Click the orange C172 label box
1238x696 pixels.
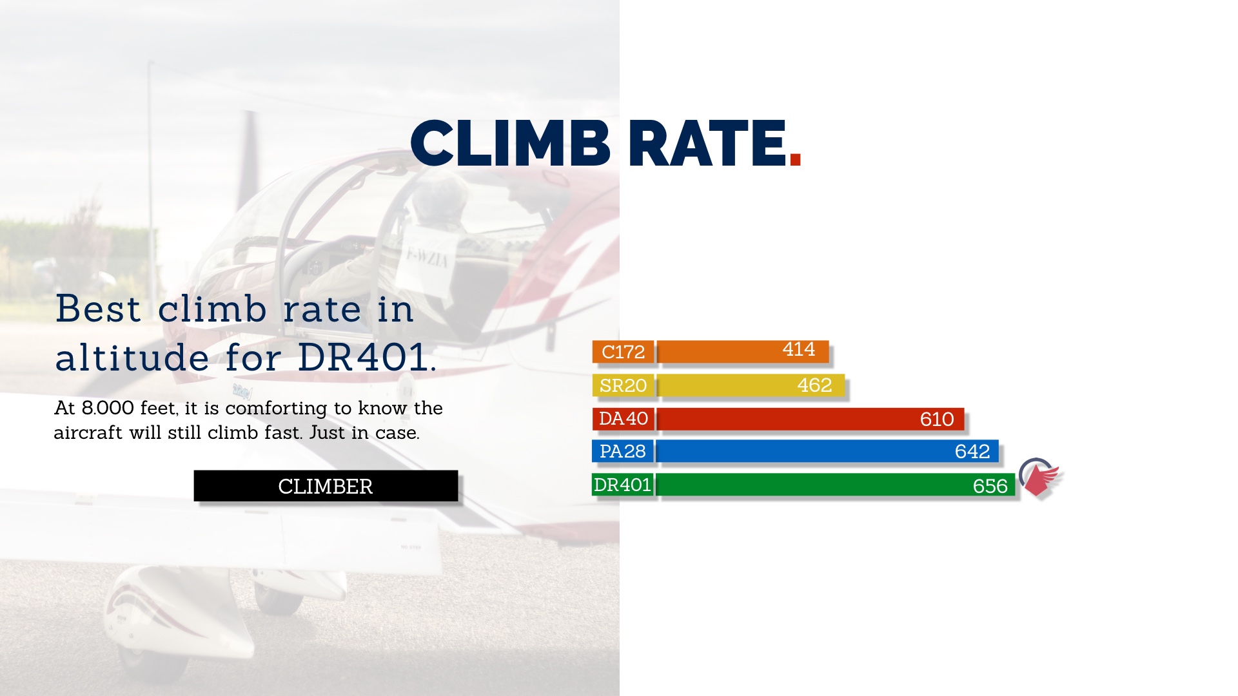tap(623, 352)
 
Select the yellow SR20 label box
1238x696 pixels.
tap(623, 385)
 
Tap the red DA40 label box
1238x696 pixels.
tap(623, 419)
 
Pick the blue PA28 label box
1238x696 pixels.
tap(623, 451)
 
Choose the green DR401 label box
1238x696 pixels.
tap(622, 485)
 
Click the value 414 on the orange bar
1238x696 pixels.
tap(799, 349)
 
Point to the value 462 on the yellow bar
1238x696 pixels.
tap(814, 385)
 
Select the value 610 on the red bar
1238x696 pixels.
tap(937, 420)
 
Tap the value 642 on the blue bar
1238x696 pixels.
tap(972, 451)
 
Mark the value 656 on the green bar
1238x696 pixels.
tap(990, 486)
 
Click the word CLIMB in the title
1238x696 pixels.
tap(510, 143)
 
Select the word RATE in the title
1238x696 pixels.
tap(707, 143)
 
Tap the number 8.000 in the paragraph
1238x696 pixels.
tap(108, 408)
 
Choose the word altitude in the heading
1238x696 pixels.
tap(132, 357)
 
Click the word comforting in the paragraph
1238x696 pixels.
tap(276, 409)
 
